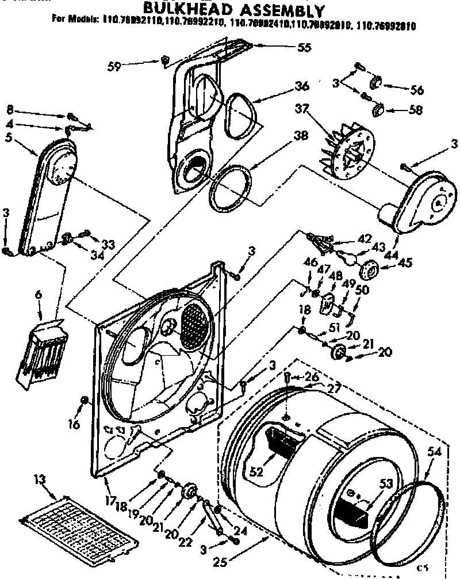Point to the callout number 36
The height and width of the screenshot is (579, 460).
coord(301,86)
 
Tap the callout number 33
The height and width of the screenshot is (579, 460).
coord(108,245)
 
